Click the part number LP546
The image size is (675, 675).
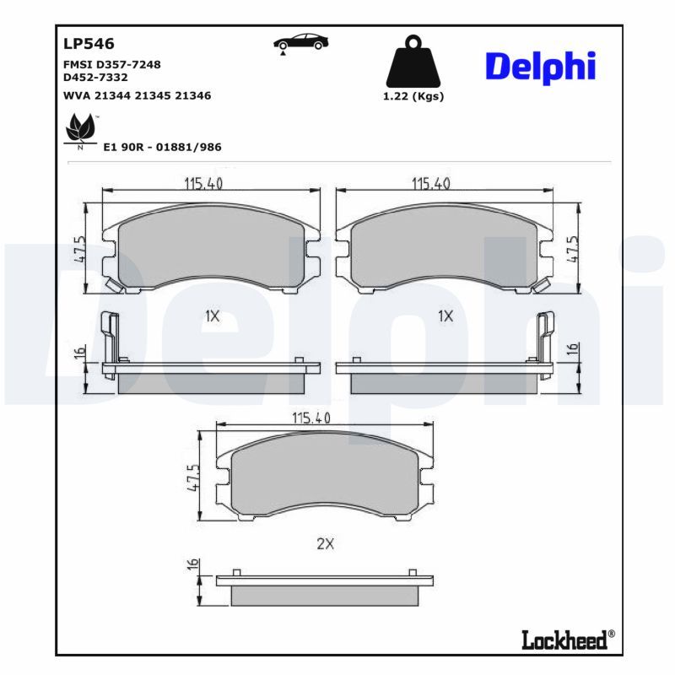coord(89,44)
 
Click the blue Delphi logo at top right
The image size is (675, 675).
coord(541,67)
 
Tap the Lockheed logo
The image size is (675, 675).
coord(568,640)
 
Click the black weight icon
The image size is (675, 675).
coord(413,61)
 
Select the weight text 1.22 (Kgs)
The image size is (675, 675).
coord(413,96)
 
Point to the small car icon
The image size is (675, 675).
coord(301,43)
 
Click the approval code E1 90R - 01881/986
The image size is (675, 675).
coord(162,147)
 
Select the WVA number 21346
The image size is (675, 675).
coord(193,96)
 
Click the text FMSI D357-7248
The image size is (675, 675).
coord(112,65)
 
